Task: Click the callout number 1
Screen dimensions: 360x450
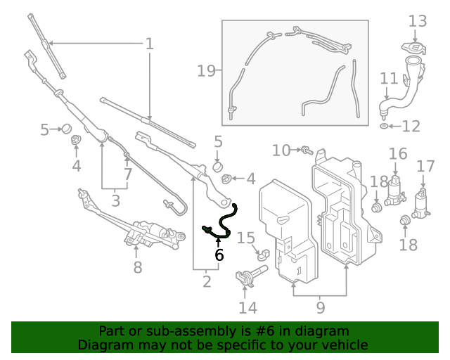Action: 149,44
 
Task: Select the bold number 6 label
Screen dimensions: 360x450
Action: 219,255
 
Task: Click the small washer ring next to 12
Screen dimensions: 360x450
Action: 383,127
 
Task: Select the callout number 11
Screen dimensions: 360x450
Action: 389,78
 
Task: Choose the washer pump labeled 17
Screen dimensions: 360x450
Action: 423,202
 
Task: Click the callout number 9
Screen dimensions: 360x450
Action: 320,307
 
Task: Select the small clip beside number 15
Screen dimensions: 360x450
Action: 264,254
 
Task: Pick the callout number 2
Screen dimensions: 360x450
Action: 206,282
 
